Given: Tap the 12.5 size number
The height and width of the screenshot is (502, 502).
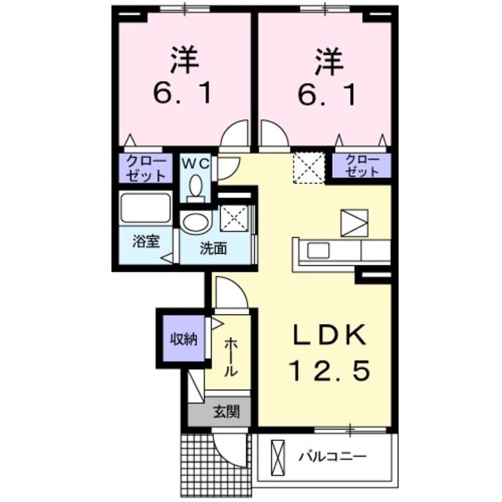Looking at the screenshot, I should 330,371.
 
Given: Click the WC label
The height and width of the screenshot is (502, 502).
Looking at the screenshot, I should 195,164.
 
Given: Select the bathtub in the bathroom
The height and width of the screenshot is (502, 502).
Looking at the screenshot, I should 145,208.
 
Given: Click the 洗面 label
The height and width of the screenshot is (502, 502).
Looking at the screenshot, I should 212,249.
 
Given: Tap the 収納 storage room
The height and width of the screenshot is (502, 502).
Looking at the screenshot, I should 181,339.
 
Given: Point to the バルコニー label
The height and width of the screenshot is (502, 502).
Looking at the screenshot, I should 333,457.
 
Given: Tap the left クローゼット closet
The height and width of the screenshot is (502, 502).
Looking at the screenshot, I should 145,168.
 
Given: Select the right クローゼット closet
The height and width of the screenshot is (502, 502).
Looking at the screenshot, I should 361,166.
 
